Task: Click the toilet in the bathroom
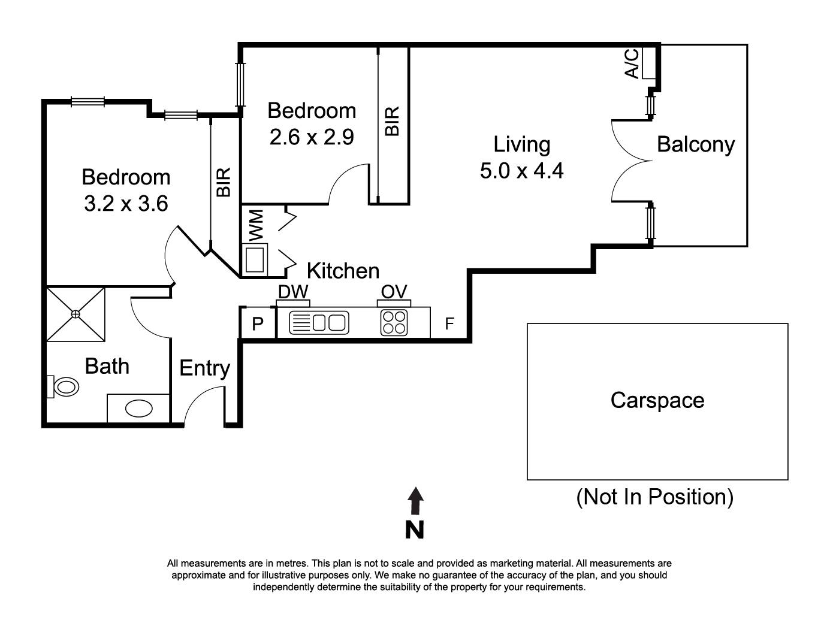(64, 386)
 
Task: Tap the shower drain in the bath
(76, 314)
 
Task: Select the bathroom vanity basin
(138, 409)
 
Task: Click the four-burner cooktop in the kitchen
(394, 322)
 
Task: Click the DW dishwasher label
(293, 292)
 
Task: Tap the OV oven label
(394, 292)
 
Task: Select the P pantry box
(258, 324)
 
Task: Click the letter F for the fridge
(449, 324)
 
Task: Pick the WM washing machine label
(256, 225)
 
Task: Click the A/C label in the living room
(632, 63)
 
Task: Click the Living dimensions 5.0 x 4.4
(521, 171)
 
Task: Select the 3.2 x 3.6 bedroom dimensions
(126, 204)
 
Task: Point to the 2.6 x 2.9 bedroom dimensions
(312, 137)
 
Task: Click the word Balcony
(695, 144)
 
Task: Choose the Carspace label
(657, 400)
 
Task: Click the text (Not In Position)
(654, 497)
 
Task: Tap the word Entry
(204, 368)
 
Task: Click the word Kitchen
(343, 271)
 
